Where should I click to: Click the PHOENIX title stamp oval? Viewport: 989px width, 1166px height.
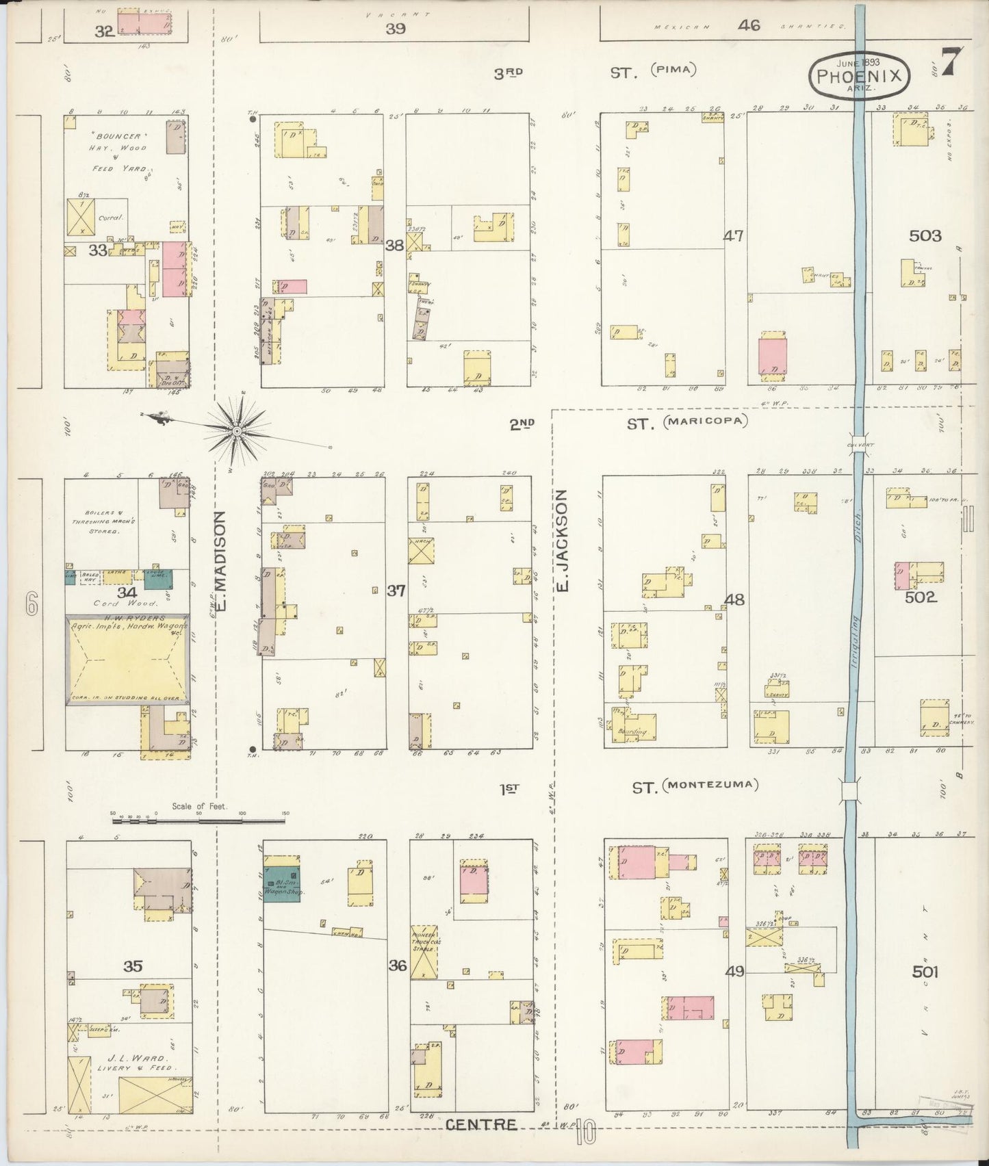click(x=860, y=76)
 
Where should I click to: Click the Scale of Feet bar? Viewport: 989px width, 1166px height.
click(x=198, y=819)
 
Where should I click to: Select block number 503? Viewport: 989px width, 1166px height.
click(x=925, y=236)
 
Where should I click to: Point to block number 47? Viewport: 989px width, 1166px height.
click(x=734, y=237)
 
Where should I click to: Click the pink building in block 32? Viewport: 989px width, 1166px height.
click(x=144, y=23)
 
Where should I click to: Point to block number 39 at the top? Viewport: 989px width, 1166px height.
click(x=395, y=28)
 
